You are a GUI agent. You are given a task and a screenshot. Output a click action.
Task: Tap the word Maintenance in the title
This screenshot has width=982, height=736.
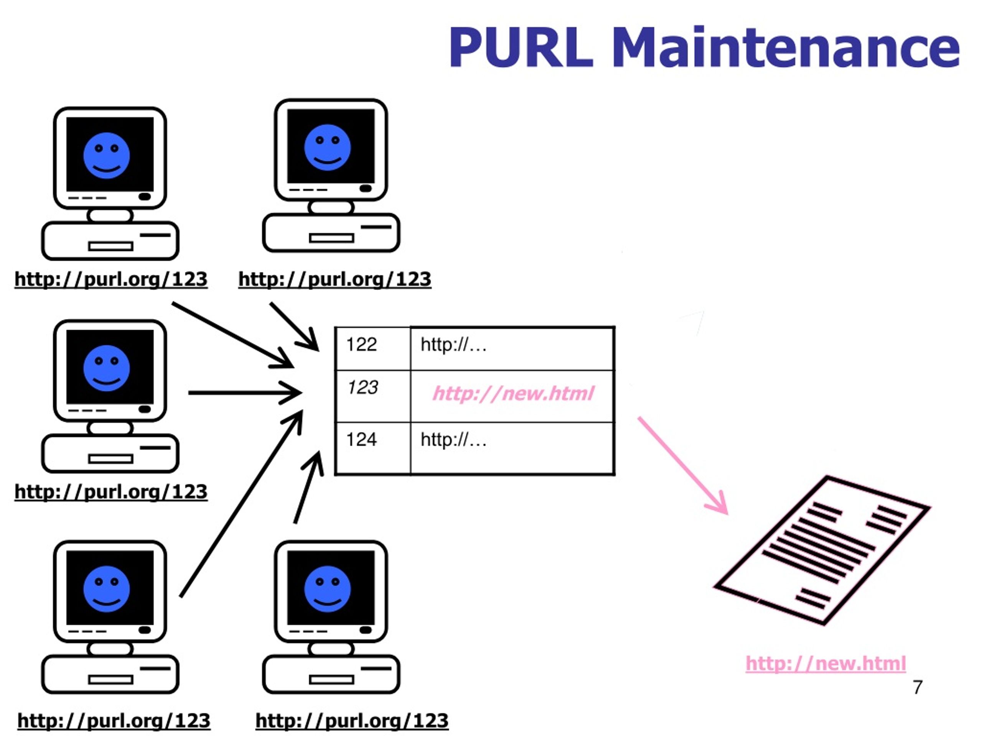coord(786,48)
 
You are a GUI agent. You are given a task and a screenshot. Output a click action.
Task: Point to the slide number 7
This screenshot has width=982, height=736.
coord(918,687)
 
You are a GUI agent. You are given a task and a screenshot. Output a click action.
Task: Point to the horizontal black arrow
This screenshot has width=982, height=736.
coord(244,393)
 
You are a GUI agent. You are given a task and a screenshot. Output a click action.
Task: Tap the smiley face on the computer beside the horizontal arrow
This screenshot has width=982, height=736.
coord(107,368)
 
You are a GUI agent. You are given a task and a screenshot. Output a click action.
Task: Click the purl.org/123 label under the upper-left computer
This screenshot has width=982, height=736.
coord(111,279)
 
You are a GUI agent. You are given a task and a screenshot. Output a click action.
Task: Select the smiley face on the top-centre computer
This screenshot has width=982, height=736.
coord(327,147)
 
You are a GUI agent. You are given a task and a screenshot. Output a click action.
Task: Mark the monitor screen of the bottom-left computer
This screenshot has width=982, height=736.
coord(110,588)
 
